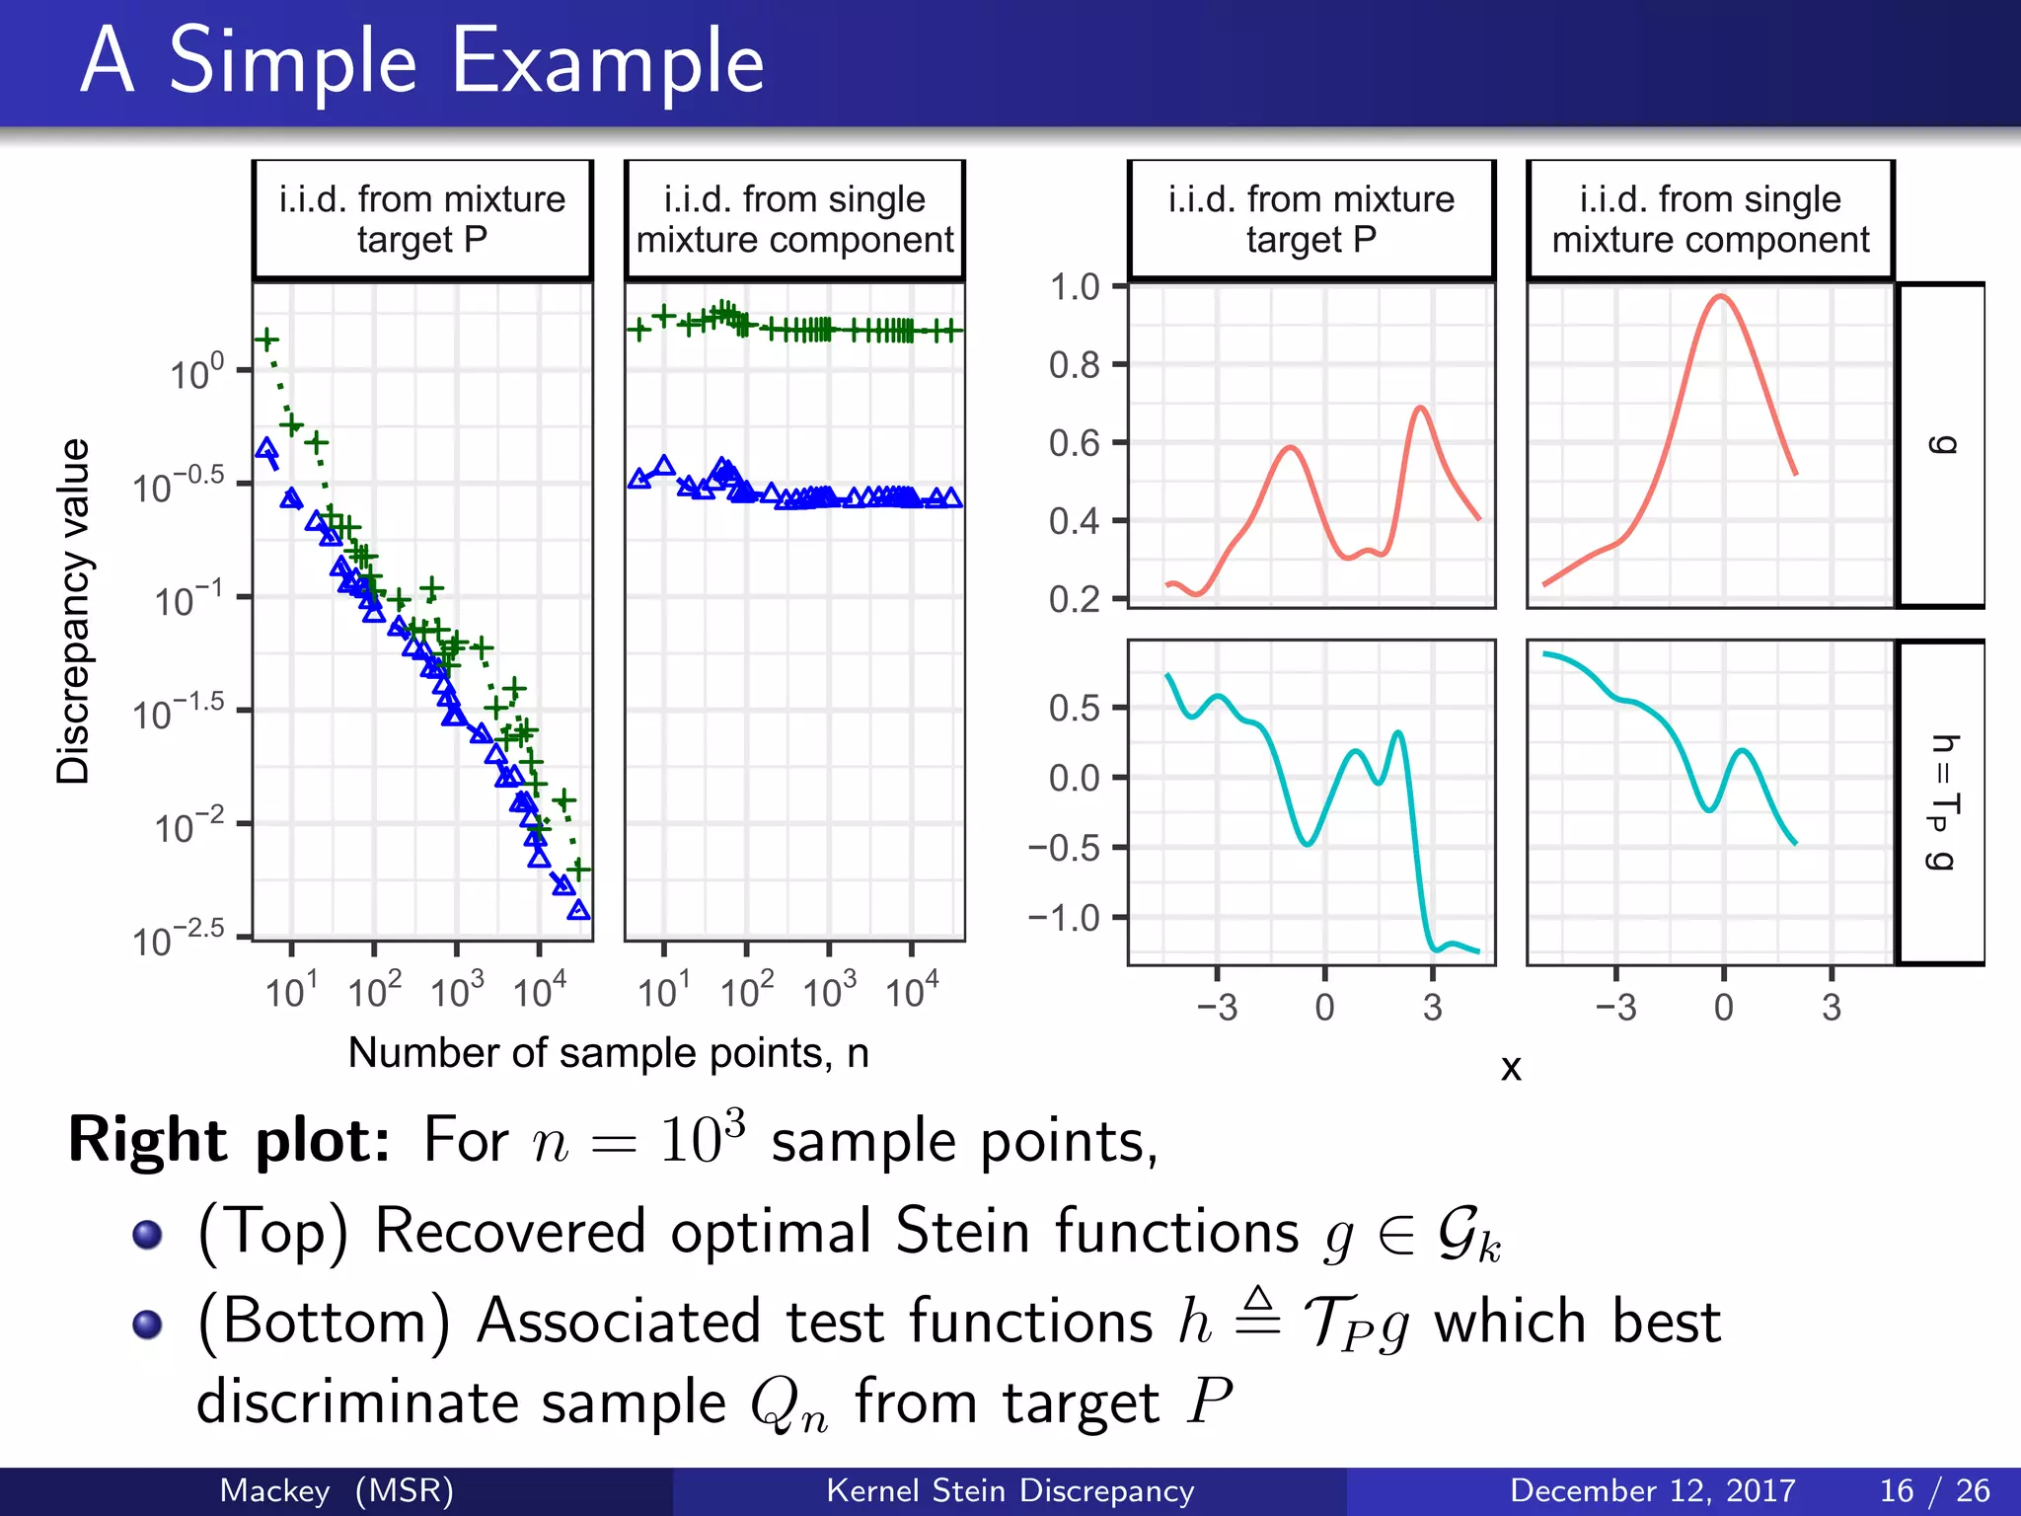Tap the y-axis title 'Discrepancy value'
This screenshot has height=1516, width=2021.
pos(73,612)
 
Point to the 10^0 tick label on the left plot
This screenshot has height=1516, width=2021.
pos(196,374)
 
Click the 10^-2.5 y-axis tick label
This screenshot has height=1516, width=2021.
pos(179,941)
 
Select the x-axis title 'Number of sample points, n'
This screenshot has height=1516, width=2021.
pos(608,1053)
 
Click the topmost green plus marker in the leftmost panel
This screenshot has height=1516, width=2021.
pos(266,340)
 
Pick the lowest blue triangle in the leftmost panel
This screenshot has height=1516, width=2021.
pos(579,910)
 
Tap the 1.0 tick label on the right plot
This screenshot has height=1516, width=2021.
pos(1075,287)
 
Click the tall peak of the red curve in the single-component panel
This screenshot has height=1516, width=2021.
pos(1720,296)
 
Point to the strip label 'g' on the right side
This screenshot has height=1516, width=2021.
pos(1941,444)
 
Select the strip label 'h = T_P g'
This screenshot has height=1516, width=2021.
pos(1941,801)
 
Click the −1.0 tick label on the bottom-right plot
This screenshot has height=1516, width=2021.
pos(1065,918)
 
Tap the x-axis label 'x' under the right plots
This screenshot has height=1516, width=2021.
pos(1511,1067)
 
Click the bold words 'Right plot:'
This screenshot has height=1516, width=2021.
pos(229,1141)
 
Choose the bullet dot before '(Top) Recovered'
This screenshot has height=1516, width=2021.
pos(147,1234)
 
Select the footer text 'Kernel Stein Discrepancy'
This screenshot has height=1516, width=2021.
pos(1010,1490)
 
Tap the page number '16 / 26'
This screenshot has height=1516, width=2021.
pos(1934,1490)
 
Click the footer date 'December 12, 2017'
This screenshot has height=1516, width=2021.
pos(1652,1490)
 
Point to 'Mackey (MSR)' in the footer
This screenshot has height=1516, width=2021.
pos(336,1490)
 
